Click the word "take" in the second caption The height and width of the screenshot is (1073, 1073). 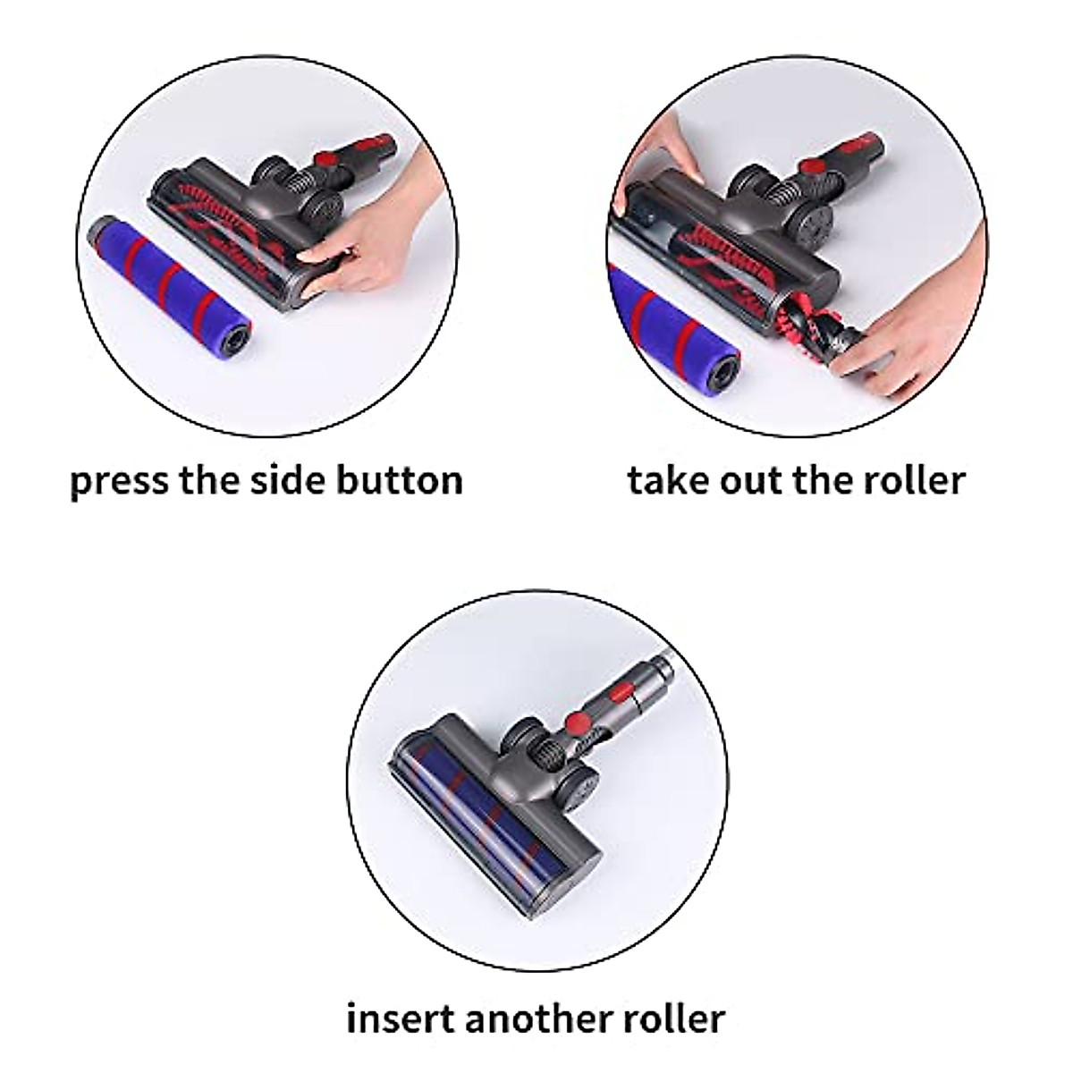[x=667, y=480]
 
